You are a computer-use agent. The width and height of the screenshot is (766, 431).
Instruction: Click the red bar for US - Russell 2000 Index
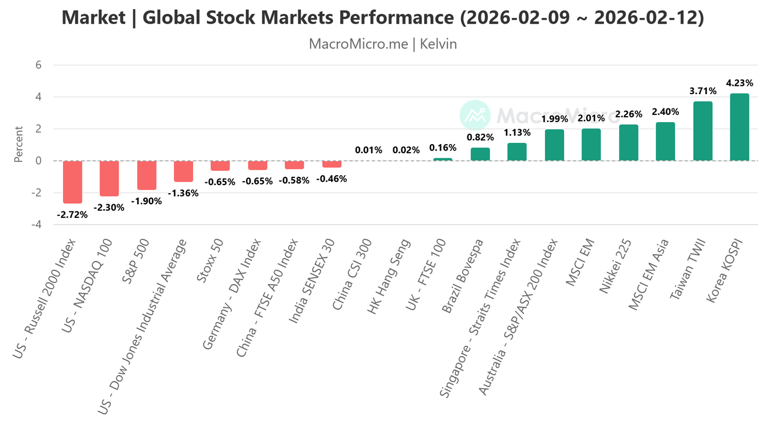pyautogui.click(x=72, y=182)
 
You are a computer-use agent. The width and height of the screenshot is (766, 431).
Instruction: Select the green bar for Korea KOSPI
pyautogui.click(x=740, y=127)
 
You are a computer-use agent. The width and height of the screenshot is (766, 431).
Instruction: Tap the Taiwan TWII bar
pyautogui.click(x=703, y=131)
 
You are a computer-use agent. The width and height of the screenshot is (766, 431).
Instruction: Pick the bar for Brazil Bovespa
pyautogui.click(x=480, y=154)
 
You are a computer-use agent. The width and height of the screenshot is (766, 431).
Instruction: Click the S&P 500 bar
pyautogui.click(x=147, y=175)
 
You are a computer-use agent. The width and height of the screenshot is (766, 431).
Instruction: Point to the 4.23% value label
pyautogui.click(x=740, y=83)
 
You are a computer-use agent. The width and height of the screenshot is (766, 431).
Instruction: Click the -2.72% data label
pyautogui.click(x=72, y=215)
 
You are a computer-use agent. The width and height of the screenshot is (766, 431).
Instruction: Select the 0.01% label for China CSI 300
pyautogui.click(x=369, y=150)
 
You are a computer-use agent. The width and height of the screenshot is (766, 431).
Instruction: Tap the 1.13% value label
pyautogui.click(x=517, y=133)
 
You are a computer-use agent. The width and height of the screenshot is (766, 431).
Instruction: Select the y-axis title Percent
pyautogui.click(x=19, y=145)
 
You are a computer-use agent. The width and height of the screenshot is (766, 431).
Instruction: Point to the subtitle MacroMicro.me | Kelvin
pyautogui.click(x=383, y=44)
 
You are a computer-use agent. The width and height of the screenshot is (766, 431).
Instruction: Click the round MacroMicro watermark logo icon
pyautogui.click(x=474, y=115)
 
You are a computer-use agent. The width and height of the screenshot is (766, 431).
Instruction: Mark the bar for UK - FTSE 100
pyautogui.click(x=443, y=159)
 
